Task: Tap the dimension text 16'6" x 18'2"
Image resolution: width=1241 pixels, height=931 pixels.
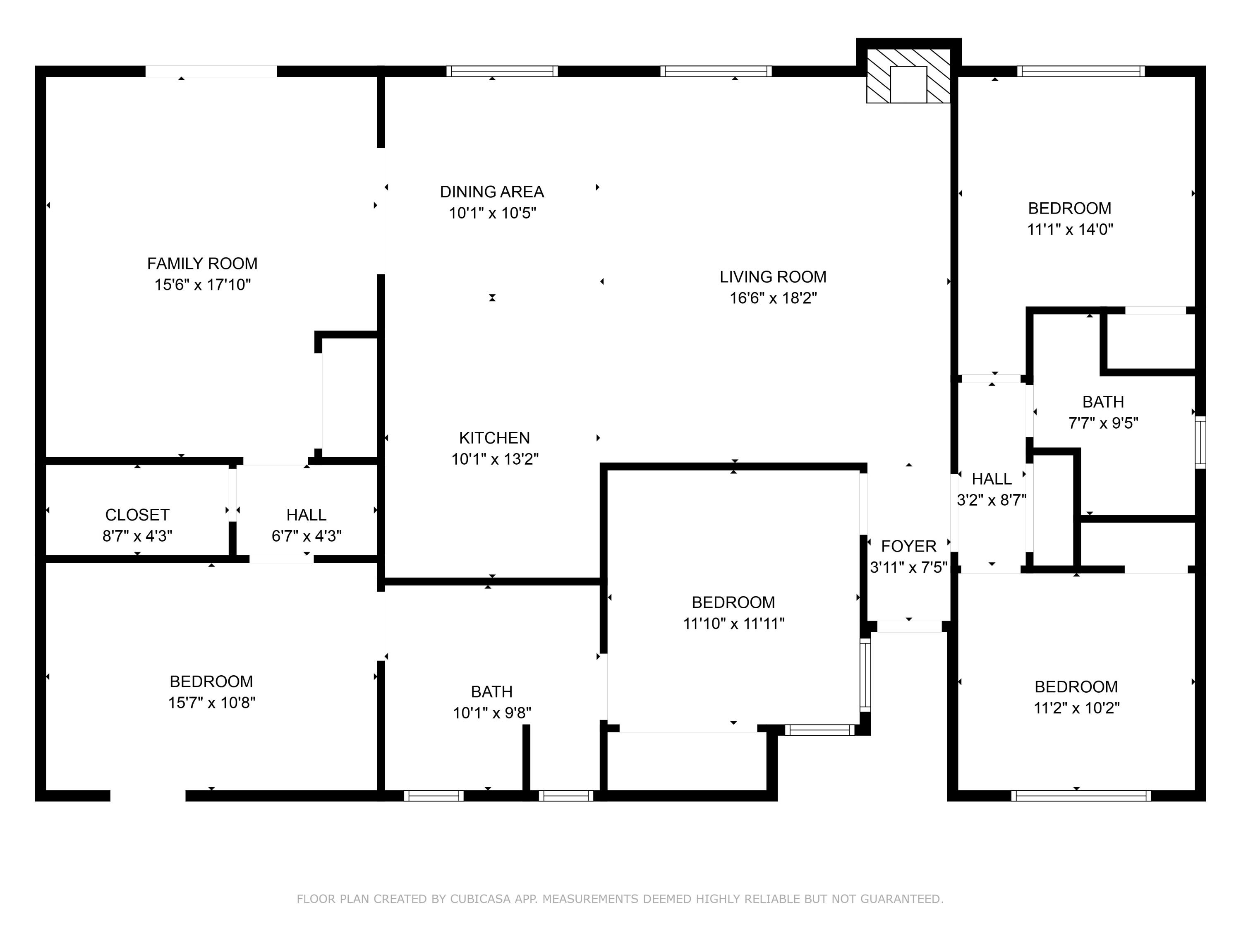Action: coord(773,298)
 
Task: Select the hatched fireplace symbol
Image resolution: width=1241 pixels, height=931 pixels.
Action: coord(908,76)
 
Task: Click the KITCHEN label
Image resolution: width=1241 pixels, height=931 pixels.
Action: coord(494,438)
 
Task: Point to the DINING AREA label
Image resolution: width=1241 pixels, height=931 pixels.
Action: coord(491,192)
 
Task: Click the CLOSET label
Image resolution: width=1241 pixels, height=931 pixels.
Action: coord(137,515)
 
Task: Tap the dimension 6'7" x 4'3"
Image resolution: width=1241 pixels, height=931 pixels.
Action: coord(307,536)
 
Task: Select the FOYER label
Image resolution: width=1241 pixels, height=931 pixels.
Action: coord(908,546)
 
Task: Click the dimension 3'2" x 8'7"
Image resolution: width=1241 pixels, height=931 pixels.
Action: coord(991,500)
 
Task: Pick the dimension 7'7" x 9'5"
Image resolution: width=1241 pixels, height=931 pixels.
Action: coord(1103,423)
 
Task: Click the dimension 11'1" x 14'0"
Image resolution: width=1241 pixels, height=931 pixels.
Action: coord(1070,230)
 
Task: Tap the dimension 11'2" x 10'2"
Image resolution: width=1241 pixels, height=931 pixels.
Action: coord(1076,708)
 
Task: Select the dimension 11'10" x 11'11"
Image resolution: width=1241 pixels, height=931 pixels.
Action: coord(733,624)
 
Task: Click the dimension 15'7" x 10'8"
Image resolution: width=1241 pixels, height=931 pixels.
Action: coord(211,703)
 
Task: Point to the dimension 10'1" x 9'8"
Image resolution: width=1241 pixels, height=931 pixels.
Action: coord(491,713)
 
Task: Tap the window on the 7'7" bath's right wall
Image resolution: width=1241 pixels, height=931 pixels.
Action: coord(1200,442)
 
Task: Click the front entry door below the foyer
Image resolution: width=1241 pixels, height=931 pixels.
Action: coord(909,626)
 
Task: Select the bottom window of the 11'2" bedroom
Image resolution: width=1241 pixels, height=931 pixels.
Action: coord(1080,796)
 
